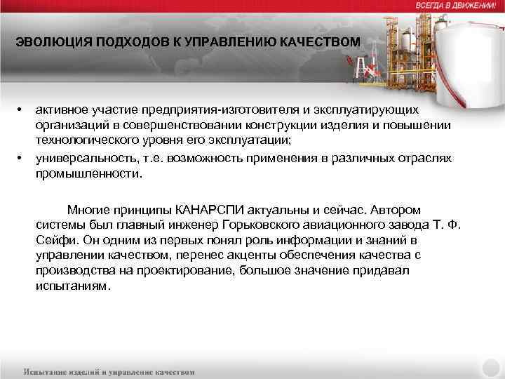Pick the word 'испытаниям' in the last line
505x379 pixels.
[72, 286]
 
